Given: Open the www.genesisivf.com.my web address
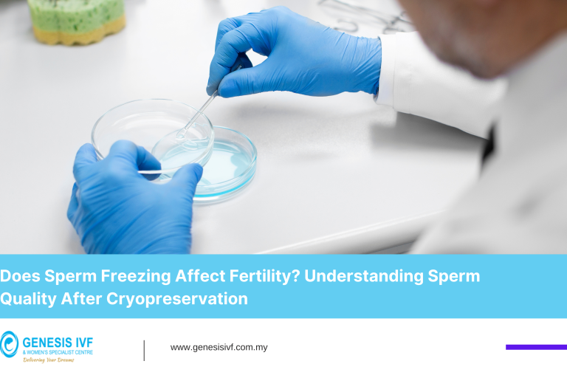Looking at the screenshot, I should coord(219,347).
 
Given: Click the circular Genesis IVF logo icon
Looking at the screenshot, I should coord(10,344).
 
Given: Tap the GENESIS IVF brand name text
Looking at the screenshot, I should coord(58,341).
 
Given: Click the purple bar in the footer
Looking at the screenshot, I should coord(536,347).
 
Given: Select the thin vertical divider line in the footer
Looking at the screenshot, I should coord(144,350).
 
